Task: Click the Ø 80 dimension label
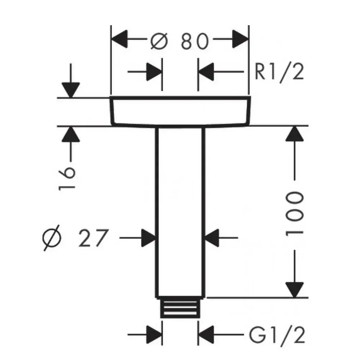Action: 179,41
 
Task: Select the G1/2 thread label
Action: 277,337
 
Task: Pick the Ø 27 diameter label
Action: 75,238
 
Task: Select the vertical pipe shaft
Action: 180,212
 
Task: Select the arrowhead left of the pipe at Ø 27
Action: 148,238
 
